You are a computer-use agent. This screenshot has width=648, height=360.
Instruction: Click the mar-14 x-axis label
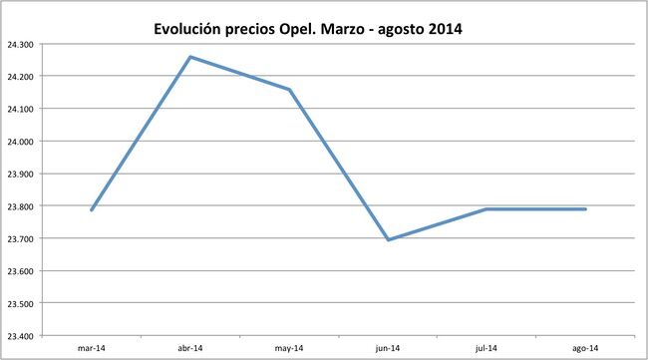pyautogui.click(x=92, y=348)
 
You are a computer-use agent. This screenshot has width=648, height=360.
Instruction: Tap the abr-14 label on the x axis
pyautogui.click(x=190, y=348)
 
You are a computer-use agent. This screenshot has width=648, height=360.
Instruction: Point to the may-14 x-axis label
pyautogui.click(x=289, y=348)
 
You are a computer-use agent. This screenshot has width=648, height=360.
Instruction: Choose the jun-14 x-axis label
pyautogui.click(x=388, y=348)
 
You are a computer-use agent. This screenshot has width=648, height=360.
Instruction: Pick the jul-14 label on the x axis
pyautogui.click(x=486, y=348)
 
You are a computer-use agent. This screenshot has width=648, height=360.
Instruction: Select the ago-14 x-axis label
pyautogui.click(x=585, y=348)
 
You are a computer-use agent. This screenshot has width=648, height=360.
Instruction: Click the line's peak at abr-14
pyautogui.click(x=190, y=57)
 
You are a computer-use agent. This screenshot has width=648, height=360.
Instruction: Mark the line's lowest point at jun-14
pyautogui.click(x=388, y=239)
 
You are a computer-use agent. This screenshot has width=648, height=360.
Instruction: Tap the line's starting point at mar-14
pyautogui.click(x=92, y=209)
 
